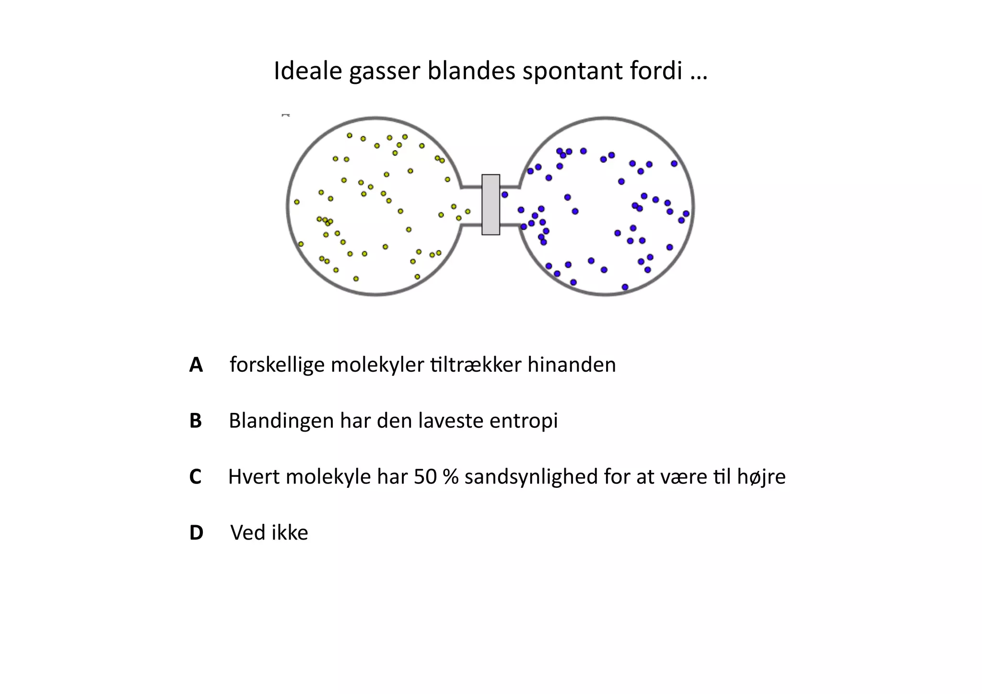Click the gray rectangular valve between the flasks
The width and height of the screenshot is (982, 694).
pyautogui.click(x=491, y=205)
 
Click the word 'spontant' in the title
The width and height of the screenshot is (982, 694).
pyautogui.click(x=565, y=71)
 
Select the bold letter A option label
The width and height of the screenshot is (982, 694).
pyautogui.click(x=196, y=365)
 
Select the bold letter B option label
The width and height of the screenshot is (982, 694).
pyautogui.click(x=196, y=421)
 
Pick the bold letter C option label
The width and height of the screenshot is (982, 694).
pyautogui.click(x=195, y=477)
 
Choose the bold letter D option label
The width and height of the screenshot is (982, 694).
pyautogui.click(x=197, y=533)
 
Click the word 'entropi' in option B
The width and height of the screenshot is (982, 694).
pyautogui.click(x=524, y=421)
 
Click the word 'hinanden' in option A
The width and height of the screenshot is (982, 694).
pyautogui.click(x=572, y=365)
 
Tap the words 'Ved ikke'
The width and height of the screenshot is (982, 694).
pyautogui.click(x=269, y=532)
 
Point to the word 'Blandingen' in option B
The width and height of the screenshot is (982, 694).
pyautogui.click(x=281, y=421)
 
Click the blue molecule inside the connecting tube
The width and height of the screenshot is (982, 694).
pyautogui.click(x=504, y=195)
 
